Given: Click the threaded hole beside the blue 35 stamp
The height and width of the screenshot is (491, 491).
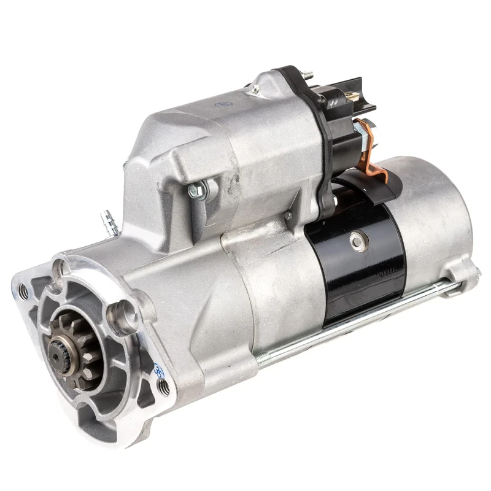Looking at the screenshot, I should tap(164, 387).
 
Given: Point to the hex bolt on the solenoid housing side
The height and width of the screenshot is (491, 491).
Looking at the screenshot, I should tap(198, 191).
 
